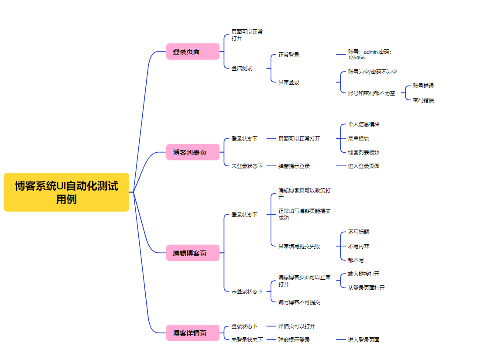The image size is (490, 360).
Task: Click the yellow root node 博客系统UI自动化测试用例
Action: (66, 192)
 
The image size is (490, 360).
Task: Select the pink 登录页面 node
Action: (192, 51)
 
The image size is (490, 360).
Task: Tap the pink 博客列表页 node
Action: (192, 152)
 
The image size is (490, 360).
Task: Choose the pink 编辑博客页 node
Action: (192, 253)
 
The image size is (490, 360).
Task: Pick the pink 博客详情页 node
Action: (192, 333)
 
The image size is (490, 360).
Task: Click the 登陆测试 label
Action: (242, 69)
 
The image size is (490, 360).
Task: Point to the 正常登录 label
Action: (289, 55)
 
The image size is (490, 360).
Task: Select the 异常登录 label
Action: (289, 82)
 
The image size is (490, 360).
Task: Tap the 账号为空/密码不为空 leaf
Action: (372, 72)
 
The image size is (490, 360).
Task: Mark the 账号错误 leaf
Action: (423, 86)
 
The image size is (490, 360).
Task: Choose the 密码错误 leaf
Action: (423, 100)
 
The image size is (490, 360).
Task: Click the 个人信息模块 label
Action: (363, 124)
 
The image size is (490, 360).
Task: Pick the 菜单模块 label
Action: (358, 138)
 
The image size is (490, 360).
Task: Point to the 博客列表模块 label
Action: (363, 153)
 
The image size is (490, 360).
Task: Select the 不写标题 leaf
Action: (358, 232)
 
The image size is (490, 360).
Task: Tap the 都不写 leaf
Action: (356, 260)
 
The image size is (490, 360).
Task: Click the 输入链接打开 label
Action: (363, 274)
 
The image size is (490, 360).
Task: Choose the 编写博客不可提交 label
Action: (299, 302)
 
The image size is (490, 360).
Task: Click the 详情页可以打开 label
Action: (297, 326)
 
